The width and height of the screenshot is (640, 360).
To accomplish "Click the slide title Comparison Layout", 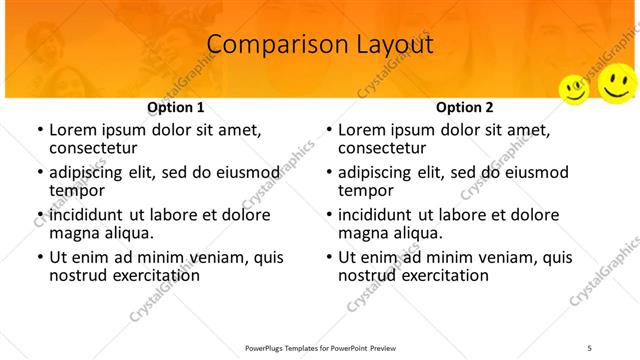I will [x=320, y=45].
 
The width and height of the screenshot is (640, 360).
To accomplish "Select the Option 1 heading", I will [x=175, y=107].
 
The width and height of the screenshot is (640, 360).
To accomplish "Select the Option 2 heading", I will [x=464, y=107].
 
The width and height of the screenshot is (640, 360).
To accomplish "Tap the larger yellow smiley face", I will [x=616, y=83].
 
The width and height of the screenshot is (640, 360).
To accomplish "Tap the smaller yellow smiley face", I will [x=574, y=89].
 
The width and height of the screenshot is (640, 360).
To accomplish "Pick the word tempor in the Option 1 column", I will [x=77, y=189].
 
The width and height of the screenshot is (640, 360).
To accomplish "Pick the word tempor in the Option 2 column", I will [x=366, y=189].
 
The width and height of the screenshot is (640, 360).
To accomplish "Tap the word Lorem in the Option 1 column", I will [x=72, y=129].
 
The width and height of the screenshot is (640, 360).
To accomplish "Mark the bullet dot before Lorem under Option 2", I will [x=329, y=130].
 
